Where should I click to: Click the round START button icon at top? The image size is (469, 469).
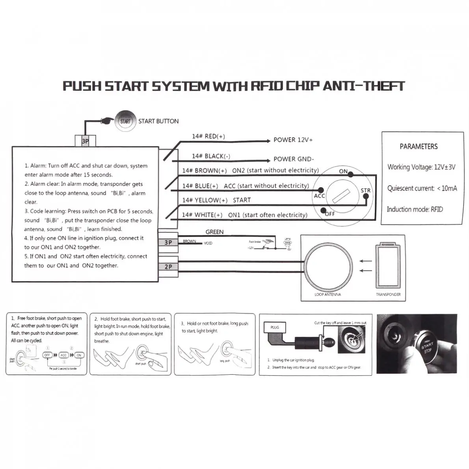(125, 121)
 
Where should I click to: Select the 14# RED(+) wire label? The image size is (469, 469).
(208, 136)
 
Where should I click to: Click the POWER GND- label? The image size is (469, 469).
(294, 159)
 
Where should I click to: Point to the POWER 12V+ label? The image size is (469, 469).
(293, 140)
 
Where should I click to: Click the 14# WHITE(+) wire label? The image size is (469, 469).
(202, 215)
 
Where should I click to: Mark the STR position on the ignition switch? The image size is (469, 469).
(365, 190)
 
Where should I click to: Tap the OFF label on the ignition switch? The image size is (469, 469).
(329, 214)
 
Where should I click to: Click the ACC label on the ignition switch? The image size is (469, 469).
(319, 196)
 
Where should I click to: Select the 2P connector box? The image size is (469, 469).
(168, 267)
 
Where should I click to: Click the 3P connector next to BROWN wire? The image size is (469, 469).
(168, 242)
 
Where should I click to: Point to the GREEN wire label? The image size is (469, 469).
(214, 232)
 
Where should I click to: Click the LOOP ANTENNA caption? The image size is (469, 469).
(328, 294)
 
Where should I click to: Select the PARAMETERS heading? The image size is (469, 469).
(419, 147)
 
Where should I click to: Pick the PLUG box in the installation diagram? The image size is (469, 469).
(275, 327)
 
